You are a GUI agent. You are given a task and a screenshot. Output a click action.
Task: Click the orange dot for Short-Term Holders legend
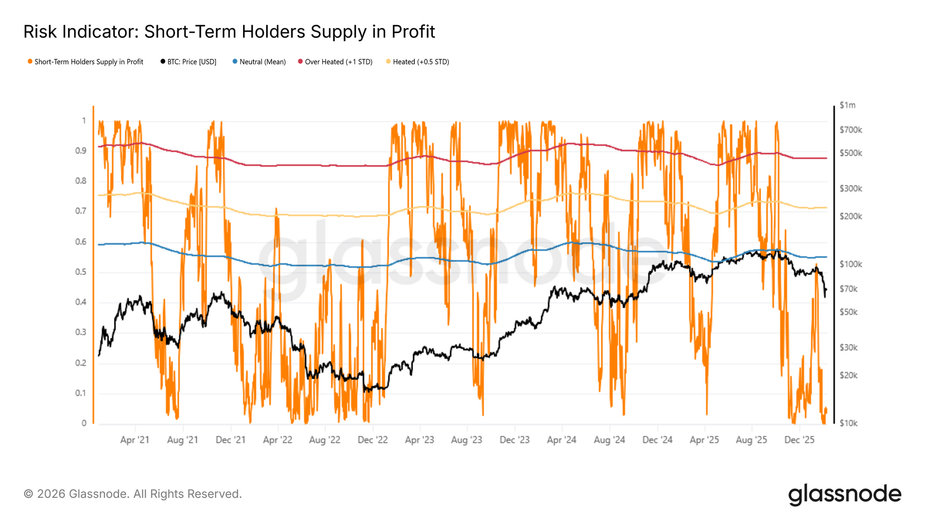pos(30,62)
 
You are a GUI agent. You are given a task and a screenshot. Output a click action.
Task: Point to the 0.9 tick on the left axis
pos(81,151)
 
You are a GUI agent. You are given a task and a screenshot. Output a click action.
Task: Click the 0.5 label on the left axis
pos(81,272)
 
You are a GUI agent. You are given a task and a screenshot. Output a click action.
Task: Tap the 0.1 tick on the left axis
pos(81,393)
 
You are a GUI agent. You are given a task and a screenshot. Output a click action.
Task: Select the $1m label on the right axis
pos(847,105)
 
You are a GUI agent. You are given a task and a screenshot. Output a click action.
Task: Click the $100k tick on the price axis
pos(851,264)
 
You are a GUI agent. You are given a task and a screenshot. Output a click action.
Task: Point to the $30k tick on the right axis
pos(849,347)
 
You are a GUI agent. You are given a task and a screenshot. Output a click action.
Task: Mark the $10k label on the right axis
pos(849,423)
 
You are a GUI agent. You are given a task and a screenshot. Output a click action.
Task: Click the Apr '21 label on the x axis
pos(135,440)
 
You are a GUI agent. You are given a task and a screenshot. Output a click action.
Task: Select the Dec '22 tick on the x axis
pos(373,440)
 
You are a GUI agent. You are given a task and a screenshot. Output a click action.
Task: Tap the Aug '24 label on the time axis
pos(609,440)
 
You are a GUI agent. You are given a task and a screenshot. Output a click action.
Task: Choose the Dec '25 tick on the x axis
pos(799,440)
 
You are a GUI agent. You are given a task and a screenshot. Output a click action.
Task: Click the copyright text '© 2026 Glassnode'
pos(76,494)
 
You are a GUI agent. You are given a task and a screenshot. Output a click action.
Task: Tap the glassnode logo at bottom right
pos(845,494)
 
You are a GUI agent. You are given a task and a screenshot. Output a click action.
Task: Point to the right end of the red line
pos(826,158)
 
